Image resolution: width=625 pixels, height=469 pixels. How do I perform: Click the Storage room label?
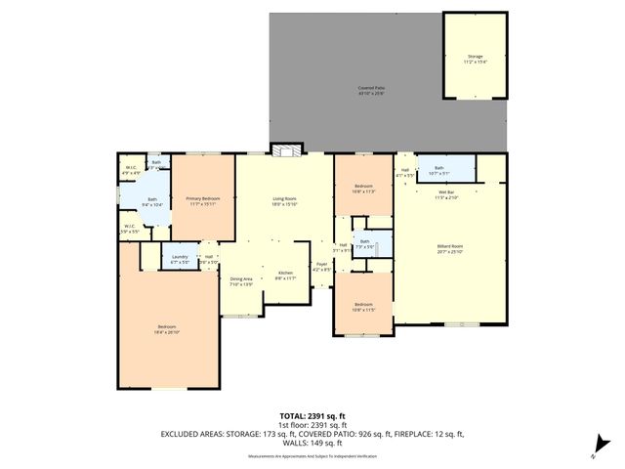(x=475, y=59)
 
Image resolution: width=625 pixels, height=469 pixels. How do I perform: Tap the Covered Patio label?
(x=370, y=90)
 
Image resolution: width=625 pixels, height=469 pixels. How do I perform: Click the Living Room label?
(x=284, y=201)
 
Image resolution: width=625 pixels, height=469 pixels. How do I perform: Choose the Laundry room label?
(x=179, y=260)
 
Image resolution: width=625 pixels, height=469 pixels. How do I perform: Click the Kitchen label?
(x=285, y=275)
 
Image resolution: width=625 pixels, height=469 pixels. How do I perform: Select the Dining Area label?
(x=241, y=281)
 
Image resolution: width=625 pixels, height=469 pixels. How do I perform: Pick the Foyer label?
(x=320, y=267)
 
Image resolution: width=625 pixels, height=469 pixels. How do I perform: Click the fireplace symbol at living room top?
(x=285, y=150)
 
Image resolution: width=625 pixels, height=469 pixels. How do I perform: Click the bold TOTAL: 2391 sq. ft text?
(x=312, y=414)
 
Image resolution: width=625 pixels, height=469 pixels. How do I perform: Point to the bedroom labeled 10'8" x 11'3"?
(x=363, y=190)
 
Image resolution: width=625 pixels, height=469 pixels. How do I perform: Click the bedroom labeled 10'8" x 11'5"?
(x=363, y=307)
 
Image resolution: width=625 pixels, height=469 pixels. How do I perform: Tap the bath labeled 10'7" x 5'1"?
(x=439, y=171)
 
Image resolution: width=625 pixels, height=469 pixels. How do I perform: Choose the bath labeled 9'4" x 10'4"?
(x=151, y=202)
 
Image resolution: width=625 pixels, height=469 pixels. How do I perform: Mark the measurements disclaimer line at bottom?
(x=312, y=456)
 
